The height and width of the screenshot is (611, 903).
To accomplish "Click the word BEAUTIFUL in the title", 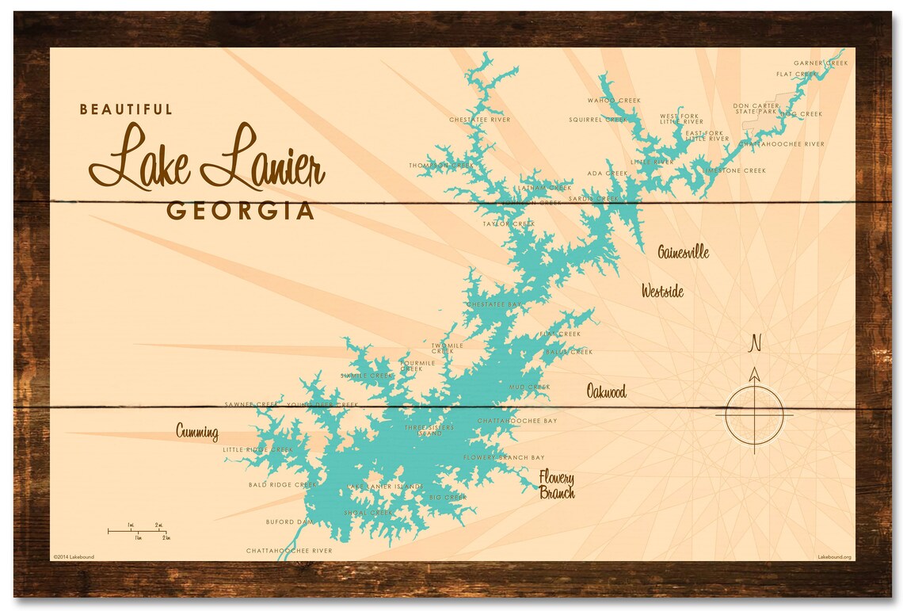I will (x=125, y=109).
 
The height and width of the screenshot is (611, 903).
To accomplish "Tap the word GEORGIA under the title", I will (x=240, y=212).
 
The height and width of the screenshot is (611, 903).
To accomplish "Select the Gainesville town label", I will (x=683, y=253).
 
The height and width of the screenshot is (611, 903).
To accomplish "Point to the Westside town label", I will (x=662, y=292).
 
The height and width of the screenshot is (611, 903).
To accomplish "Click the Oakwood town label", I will (x=606, y=391).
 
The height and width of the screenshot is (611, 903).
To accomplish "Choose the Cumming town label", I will (x=196, y=432).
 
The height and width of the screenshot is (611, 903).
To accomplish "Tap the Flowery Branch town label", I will (x=557, y=484).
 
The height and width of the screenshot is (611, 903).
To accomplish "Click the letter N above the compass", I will (x=755, y=343).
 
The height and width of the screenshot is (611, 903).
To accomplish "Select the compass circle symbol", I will (x=754, y=414).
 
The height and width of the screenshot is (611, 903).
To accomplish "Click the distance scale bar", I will (x=138, y=531).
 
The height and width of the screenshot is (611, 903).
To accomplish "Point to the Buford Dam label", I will (x=289, y=522).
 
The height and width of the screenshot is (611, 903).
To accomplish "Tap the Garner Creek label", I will (x=821, y=63).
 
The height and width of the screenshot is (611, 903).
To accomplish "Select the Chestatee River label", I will (x=479, y=120).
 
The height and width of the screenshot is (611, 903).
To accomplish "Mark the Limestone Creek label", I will (x=733, y=170).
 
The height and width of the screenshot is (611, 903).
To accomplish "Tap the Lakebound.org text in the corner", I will (x=834, y=557).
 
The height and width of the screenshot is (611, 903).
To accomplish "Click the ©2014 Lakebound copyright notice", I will (x=74, y=557).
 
